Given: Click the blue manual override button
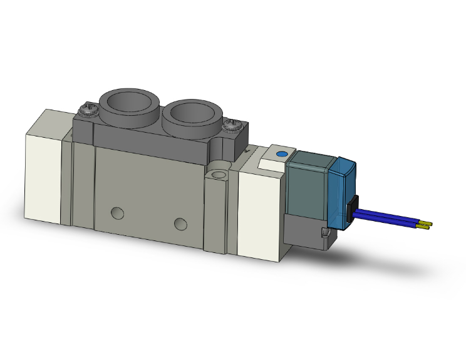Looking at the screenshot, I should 281,153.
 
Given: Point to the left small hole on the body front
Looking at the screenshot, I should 117,212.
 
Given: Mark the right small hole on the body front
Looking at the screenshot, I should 180,224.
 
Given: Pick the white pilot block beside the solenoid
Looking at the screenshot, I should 259,210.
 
